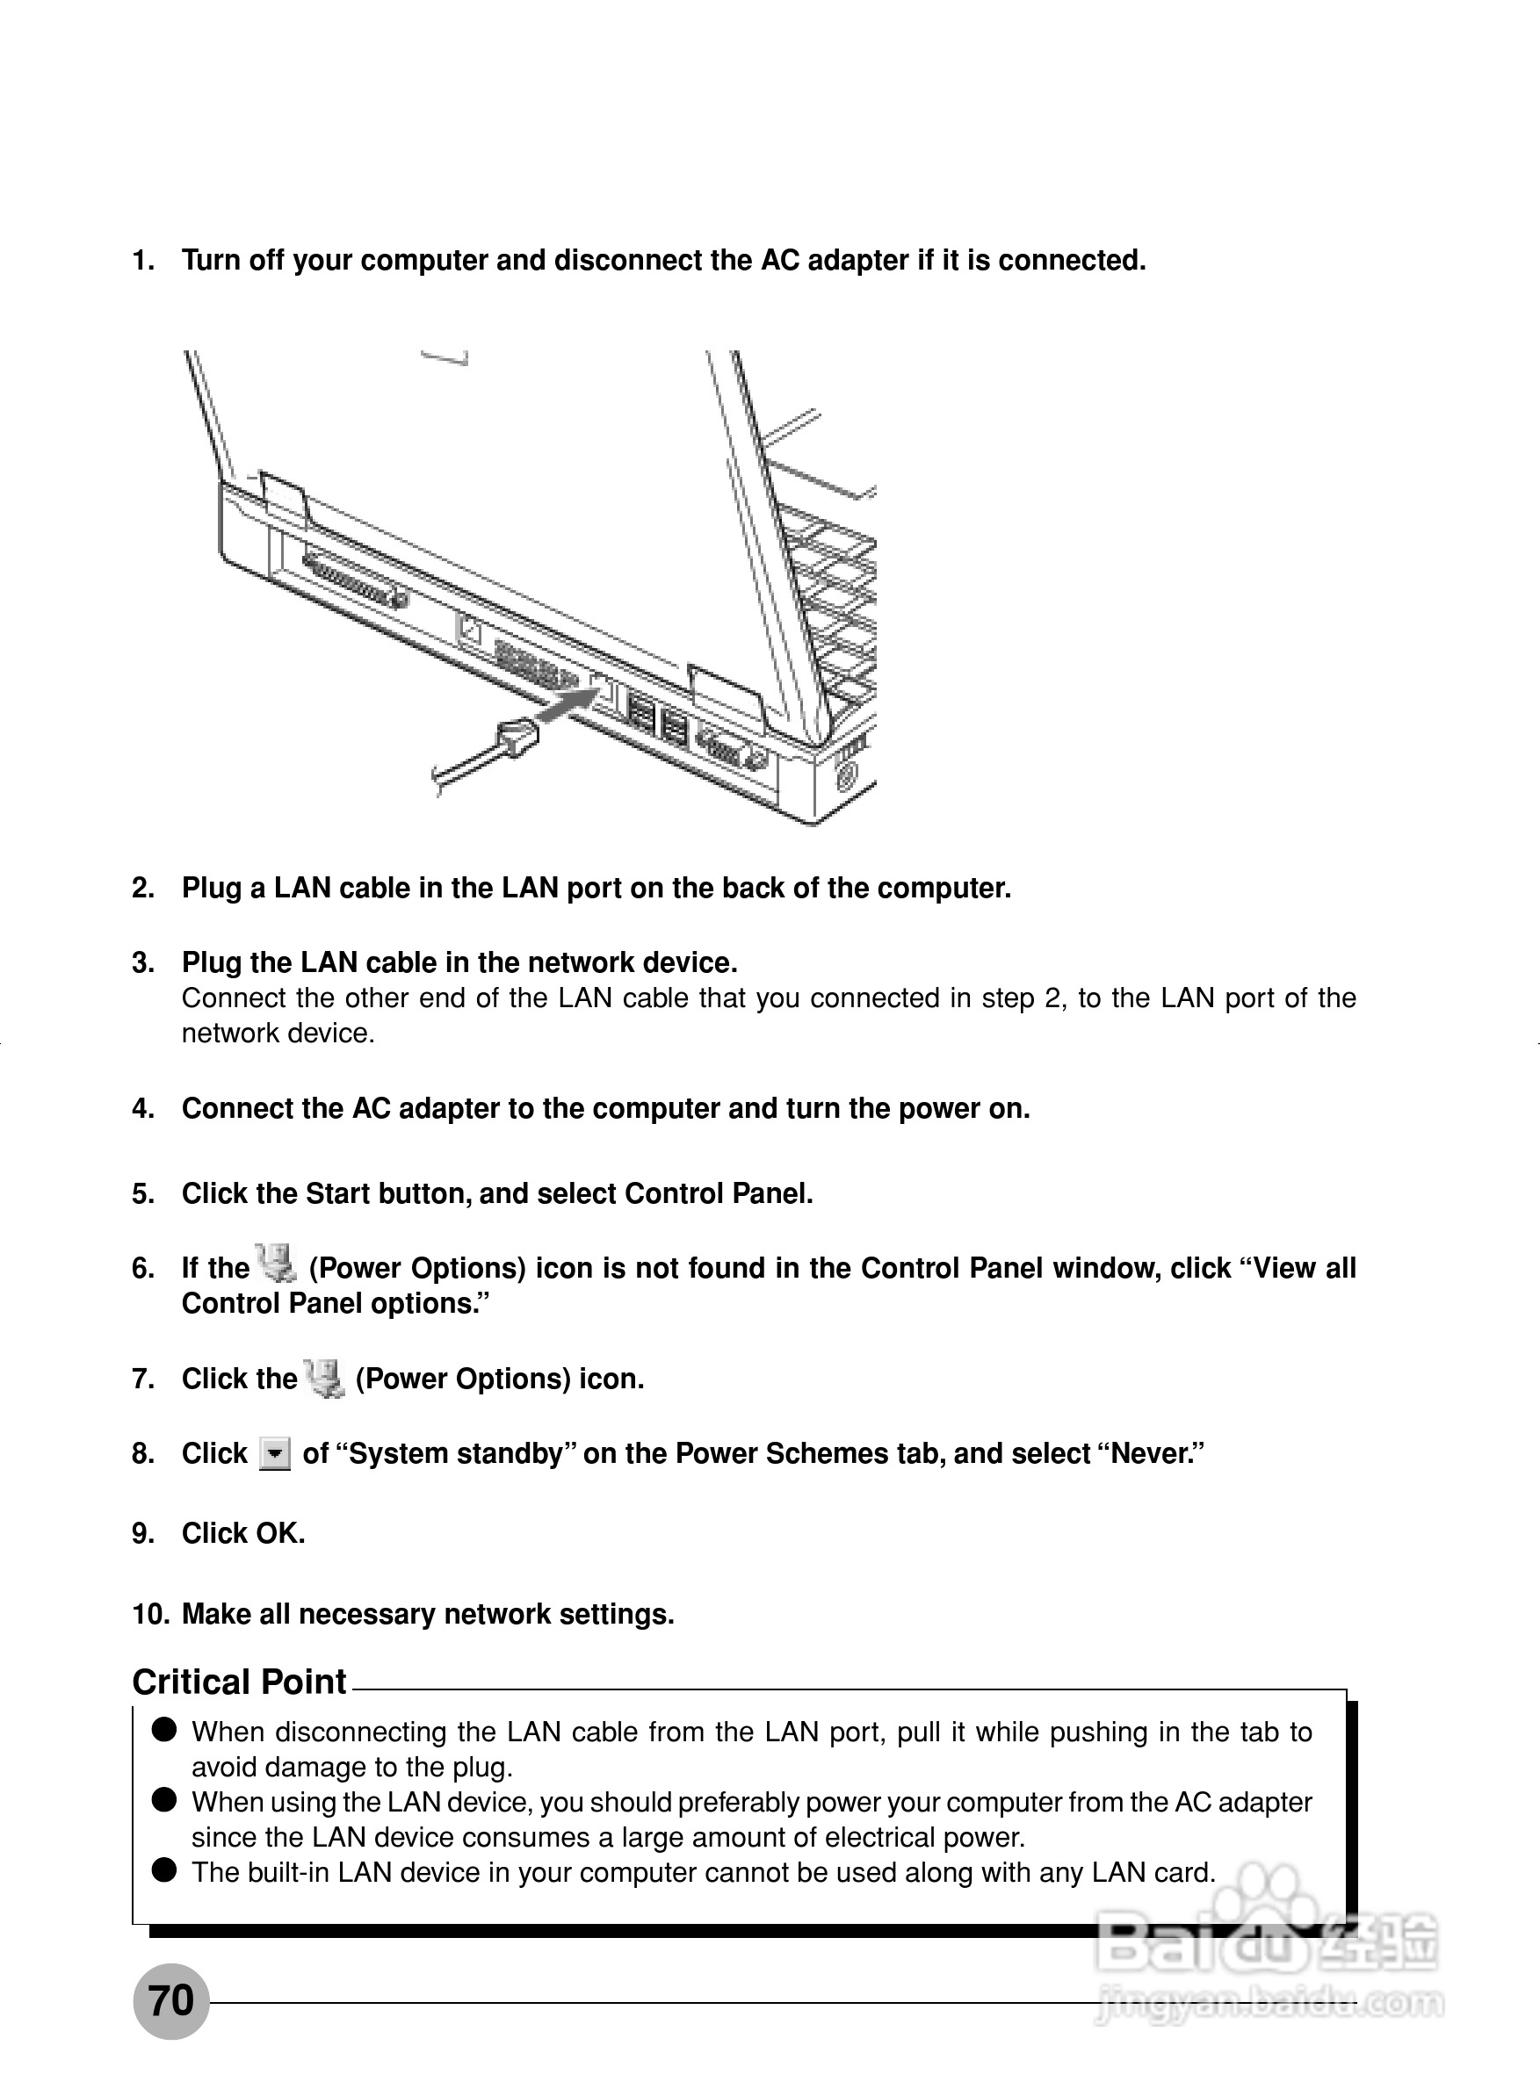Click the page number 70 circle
click(x=171, y=2000)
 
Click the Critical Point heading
click(x=239, y=1682)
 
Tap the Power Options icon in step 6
click(x=277, y=1264)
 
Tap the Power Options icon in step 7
click(x=324, y=1376)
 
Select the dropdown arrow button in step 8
click(x=275, y=1453)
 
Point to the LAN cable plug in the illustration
click(x=518, y=737)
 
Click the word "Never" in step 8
click(x=1150, y=1453)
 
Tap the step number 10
click(x=150, y=1614)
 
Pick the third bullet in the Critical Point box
click(x=164, y=1870)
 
